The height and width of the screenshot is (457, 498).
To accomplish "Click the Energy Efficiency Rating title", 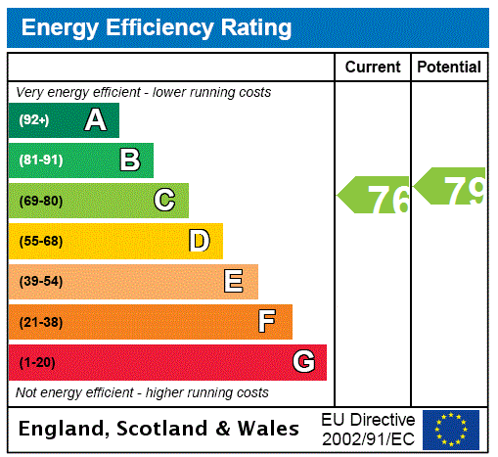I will [157, 28].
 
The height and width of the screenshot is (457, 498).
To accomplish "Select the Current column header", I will [373, 68].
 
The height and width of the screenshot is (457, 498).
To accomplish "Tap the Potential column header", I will [449, 68].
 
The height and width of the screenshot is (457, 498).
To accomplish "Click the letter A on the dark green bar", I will [95, 120].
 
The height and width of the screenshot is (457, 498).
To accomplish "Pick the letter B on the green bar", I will [129, 160].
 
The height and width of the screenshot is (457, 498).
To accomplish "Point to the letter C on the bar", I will [164, 201].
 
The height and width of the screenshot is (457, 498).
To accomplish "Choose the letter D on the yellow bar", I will [199, 241].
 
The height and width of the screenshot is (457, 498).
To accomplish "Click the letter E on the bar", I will [234, 282].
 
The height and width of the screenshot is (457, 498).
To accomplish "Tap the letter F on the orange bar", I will [267, 322].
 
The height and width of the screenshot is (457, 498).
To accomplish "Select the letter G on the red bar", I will [303, 362].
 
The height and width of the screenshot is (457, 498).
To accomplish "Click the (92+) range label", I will [34, 120].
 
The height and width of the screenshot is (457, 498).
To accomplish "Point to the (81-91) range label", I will [40, 160].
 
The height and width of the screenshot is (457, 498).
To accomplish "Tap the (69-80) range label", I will [40, 201].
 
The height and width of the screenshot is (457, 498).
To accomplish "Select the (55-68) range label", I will [40, 241].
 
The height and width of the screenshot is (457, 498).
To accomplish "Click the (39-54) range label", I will [40, 282].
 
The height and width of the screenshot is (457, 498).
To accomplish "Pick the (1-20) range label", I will [37, 362].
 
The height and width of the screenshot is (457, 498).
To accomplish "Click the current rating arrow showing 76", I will [375, 198].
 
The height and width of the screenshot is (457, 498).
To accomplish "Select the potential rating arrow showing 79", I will [451, 187].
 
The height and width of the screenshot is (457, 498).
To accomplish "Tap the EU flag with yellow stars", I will [451, 430].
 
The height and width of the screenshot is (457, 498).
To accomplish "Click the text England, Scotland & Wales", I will [159, 429].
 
